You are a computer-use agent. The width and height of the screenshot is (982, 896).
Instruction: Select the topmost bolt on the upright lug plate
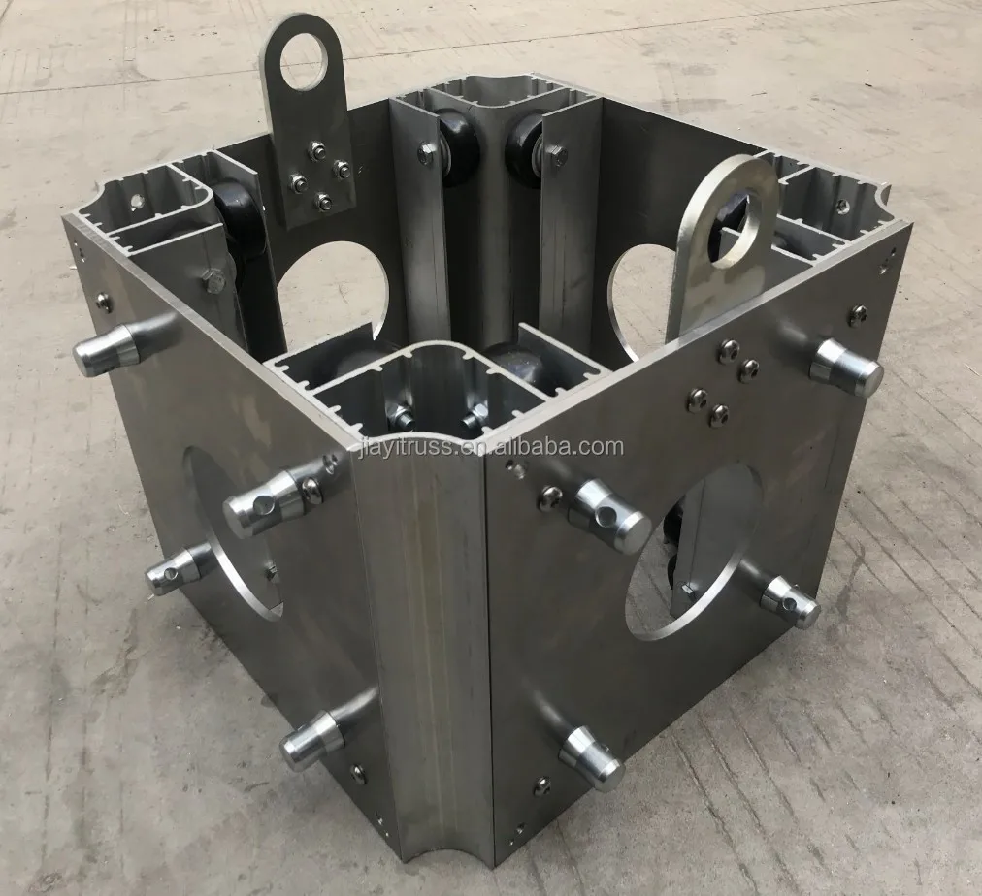coord(313,148)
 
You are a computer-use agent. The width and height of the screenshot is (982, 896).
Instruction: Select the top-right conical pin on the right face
coord(845,367)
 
